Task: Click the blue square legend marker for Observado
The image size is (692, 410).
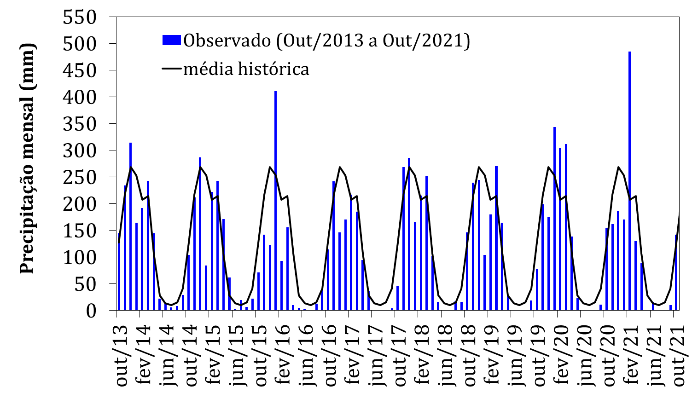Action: point(171,40)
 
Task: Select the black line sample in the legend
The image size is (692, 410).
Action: point(171,69)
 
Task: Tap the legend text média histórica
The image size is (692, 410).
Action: point(246,69)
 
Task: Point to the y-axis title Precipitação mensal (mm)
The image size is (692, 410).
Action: point(28,159)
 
